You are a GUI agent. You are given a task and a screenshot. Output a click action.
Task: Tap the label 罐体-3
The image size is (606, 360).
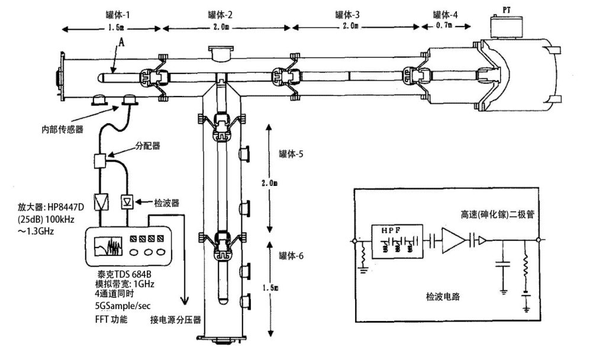click(x=347, y=14)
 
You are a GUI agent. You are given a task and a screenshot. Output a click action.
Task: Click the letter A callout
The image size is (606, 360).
click(x=121, y=43)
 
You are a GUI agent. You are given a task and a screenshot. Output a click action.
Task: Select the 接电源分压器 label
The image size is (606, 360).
click(x=176, y=319)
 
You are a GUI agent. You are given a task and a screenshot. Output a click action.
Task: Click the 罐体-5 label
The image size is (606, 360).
click(x=291, y=155)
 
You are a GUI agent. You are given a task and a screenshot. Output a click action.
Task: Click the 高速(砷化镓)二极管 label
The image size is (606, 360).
click(x=497, y=215)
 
